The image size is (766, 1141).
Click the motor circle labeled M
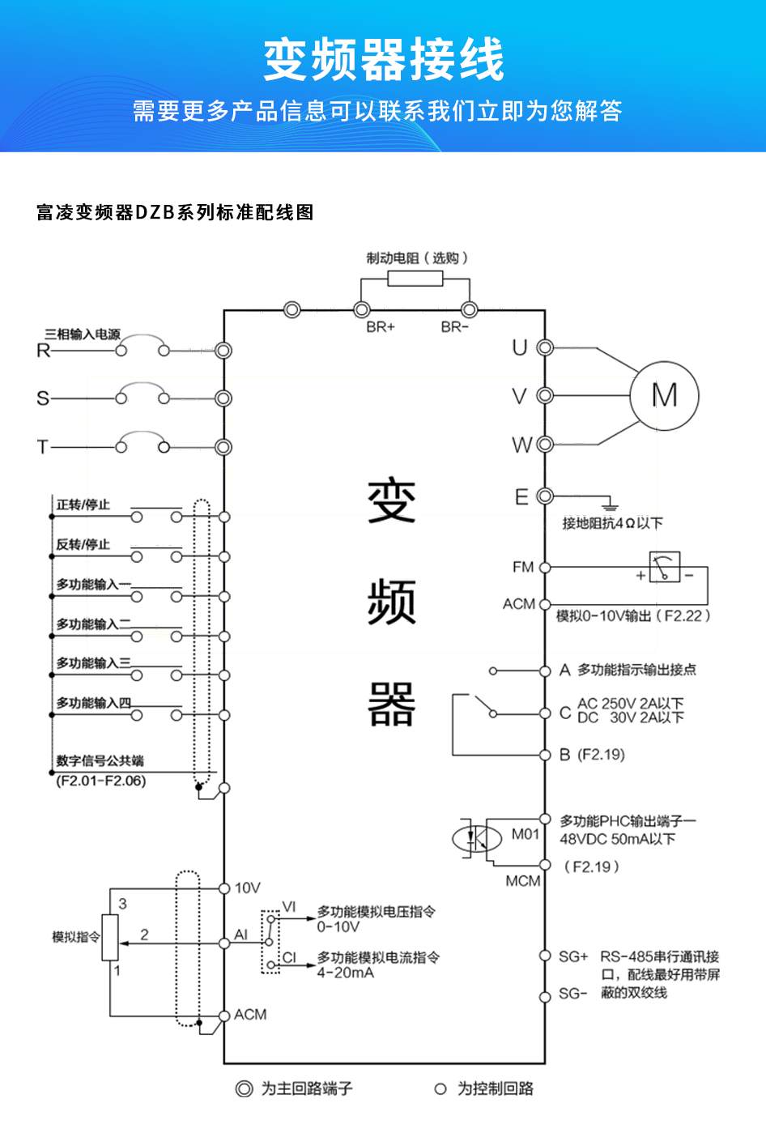pos(664,395)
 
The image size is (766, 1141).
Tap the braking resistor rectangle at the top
pos(415,279)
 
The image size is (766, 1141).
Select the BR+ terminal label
pos(380,327)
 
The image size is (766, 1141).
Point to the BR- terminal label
pos(455,327)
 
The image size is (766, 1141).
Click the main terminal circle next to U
pos(545,348)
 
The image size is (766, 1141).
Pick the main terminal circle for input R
pos(223,350)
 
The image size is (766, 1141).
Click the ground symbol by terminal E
pos(610,505)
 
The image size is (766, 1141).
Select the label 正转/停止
pos(83,505)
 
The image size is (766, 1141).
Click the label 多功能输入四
pos(93,703)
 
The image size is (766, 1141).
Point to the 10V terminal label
pos(247,888)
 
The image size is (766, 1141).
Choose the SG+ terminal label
pos(573,956)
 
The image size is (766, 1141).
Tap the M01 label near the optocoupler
pos(525,834)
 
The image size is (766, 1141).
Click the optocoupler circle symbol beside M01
pos(477,837)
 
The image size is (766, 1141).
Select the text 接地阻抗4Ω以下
pos(612,523)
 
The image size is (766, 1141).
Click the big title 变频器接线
pos(383,58)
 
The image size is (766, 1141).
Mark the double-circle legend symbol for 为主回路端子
pos(244,1088)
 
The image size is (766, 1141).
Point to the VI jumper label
pos(289,907)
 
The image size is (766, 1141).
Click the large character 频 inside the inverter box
pos(392,602)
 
